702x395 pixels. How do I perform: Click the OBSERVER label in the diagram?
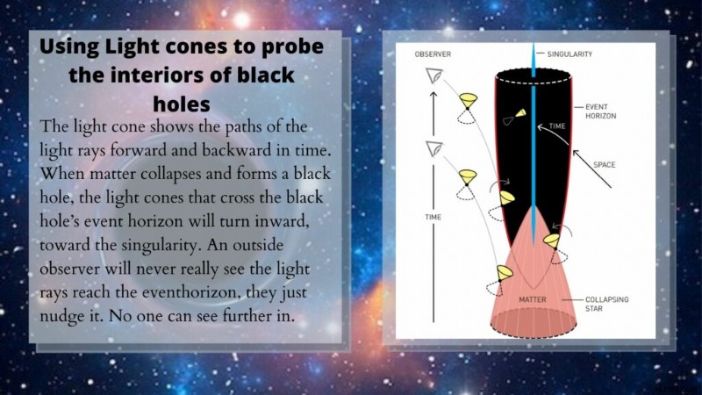click(x=433, y=54)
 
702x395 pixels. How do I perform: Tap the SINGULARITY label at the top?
click(x=569, y=54)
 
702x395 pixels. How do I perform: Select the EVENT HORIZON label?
click(x=600, y=111)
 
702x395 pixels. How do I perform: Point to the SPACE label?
click(x=604, y=165)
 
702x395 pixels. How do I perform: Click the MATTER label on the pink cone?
click(x=533, y=299)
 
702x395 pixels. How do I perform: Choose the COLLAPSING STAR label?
click(x=606, y=304)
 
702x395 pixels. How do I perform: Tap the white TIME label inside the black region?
click(x=557, y=126)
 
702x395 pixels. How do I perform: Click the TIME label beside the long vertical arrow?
click(x=433, y=217)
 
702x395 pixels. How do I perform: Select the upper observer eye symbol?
click(x=433, y=75)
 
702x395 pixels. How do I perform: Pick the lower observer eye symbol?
click(x=433, y=148)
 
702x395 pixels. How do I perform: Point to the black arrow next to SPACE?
click(x=591, y=169)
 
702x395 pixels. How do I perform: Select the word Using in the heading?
click(x=69, y=47)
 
